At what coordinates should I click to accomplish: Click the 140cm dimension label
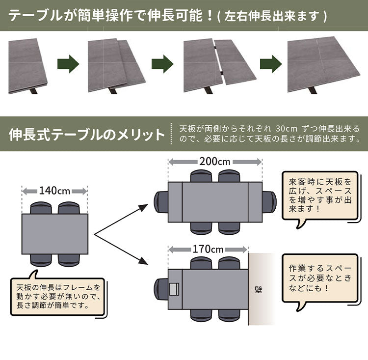54,190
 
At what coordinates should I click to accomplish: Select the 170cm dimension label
208,249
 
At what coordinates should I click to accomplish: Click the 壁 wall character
258,289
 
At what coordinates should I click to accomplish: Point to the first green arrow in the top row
69,64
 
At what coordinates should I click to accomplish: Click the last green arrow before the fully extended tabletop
270,64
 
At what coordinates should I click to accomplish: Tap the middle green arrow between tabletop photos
162,64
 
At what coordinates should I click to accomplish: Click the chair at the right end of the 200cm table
269,201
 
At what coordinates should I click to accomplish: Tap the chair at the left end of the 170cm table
160,289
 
